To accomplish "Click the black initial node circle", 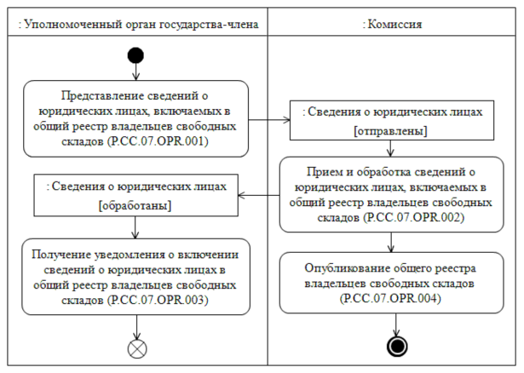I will (x=135, y=56).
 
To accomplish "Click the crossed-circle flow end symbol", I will (x=135, y=347).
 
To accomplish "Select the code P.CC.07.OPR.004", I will (x=393, y=299).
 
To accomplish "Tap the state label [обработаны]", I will (x=135, y=206).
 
